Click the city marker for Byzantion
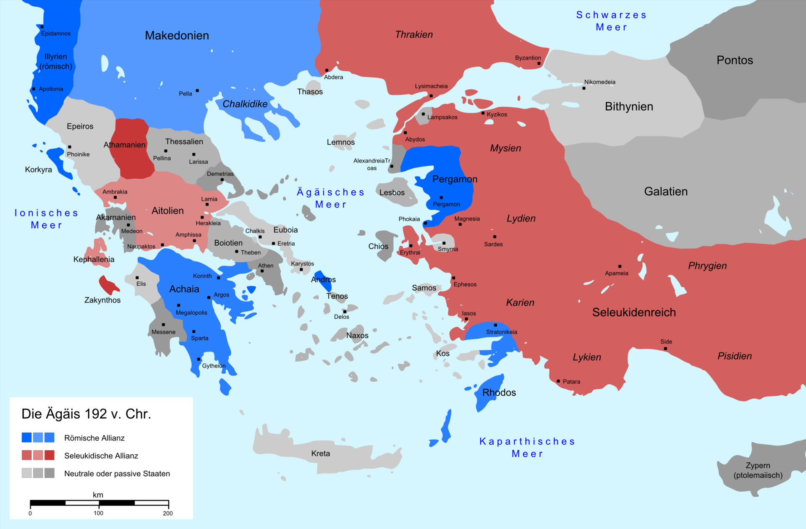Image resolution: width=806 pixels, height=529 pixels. click(539, 63)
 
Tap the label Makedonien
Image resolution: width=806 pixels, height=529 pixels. click(177, 36)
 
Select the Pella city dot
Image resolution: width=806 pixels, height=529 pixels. click(197, 91)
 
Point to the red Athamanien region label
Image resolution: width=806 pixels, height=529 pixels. click(124, 145)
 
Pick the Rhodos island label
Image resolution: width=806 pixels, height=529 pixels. click(499, 393)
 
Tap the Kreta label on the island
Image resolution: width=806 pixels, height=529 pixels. click(320, 453)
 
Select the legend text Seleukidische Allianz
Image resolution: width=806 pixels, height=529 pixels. click(101, 456)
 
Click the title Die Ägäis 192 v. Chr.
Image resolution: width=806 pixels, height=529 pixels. click(86, 414)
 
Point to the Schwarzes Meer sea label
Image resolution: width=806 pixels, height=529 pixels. click(611, 21)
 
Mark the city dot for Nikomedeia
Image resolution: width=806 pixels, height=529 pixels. click(584, 88)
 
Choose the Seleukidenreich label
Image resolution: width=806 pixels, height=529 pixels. click(634, 313)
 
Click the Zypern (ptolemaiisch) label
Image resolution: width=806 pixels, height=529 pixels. click(758, 470)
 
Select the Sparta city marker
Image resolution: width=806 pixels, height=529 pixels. click(194, 331)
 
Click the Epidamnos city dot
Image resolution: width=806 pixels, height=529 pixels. click(42, 27)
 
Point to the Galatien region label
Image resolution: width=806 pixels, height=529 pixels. click(666, 192)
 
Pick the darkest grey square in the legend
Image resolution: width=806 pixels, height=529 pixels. click(50, 473)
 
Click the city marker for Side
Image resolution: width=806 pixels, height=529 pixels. click(665, 349)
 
